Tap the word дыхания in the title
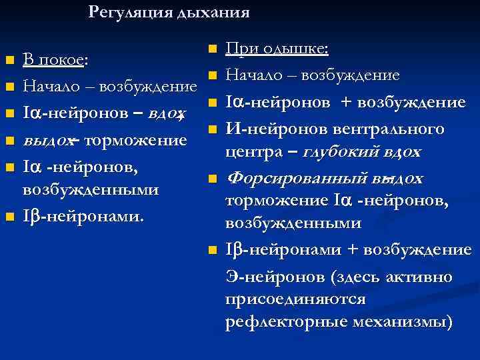(213, 12)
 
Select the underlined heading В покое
(53, 61)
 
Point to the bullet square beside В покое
(9, 61)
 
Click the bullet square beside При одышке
(211, 49)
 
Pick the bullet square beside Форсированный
(211, 179)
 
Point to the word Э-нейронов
(263, 276)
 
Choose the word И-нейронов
(267, 127)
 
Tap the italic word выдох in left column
(44, 140)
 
